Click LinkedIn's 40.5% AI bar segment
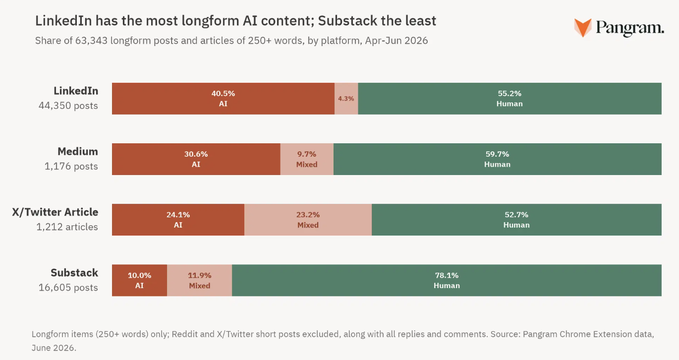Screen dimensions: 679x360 tap(223, 99)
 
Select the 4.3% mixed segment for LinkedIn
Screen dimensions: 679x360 tap(346, 99)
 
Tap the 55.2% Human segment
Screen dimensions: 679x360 tap(509, 99)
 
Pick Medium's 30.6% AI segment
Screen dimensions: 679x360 tap(196, 159)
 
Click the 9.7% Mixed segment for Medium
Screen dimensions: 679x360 tap(307, 159)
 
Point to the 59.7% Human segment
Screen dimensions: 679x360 tap(498, 159)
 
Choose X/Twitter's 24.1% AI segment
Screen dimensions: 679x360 tap(178, 220)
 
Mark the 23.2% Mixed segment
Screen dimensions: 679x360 tap(308, 220)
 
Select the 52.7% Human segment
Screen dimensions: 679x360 tap(516, 220)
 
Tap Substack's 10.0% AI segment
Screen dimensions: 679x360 tap(139, 280)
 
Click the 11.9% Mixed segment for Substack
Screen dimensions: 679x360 tap(199, 280)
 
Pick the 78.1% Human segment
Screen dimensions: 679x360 tap(447, 280)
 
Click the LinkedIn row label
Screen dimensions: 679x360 tap(76, 91)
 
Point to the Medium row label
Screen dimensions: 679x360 tap(78, 151)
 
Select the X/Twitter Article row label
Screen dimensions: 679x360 tap(55, 212)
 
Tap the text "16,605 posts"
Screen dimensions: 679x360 tap(68, 288)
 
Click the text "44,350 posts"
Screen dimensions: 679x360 tap(68, 106)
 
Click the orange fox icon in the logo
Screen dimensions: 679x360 tap(583, 28)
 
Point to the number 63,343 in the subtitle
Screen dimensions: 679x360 tap(91, 41)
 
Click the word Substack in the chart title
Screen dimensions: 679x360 tap(348, 21)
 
